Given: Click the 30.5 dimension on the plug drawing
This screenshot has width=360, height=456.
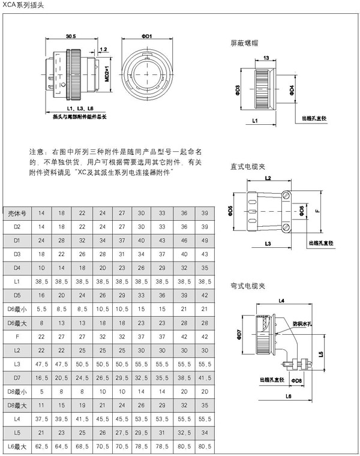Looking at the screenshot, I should click(71, 36).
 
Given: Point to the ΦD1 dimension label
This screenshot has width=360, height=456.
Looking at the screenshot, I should click(147, 36).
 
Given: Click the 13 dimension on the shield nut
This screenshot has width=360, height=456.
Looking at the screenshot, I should click(265, 58).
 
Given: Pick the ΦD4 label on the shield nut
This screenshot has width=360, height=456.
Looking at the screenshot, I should click(291, 89).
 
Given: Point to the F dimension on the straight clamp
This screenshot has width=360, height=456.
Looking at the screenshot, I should click(319, 212).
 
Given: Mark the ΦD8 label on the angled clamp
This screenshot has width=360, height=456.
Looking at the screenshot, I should click(296, 380).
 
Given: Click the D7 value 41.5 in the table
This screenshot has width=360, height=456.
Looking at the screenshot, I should click(205, 379).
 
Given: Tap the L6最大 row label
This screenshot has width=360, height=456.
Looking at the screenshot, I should click(17, 447).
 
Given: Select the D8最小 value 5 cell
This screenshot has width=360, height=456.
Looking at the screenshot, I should click(41, 392).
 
